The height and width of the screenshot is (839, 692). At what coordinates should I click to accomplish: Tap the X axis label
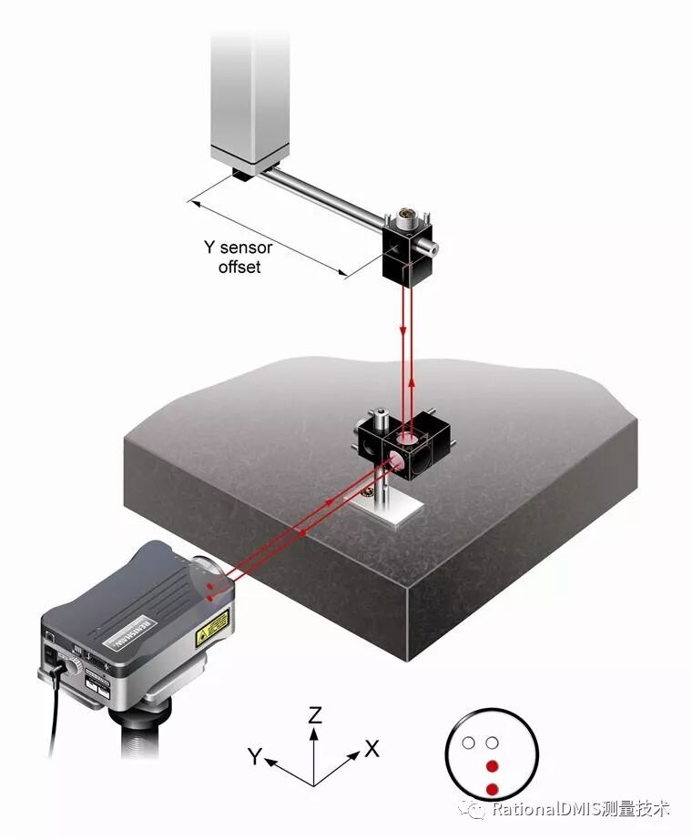(x=371, y=749)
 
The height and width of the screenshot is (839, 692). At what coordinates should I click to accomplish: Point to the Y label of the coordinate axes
(x=257, y=755)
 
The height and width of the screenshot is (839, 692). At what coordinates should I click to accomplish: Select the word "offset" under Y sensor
(x=239, y=267)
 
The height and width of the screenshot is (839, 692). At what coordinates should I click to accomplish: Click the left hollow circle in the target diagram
(x=469, y=743)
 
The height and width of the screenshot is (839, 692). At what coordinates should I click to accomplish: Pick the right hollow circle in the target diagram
(x=493, y=743)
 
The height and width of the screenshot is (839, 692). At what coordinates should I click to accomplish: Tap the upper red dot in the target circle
(x=493, y=765)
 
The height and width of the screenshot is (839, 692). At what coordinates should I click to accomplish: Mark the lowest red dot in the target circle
(x=493, y=788)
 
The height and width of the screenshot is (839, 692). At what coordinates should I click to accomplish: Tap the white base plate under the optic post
(x=396, y=515)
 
